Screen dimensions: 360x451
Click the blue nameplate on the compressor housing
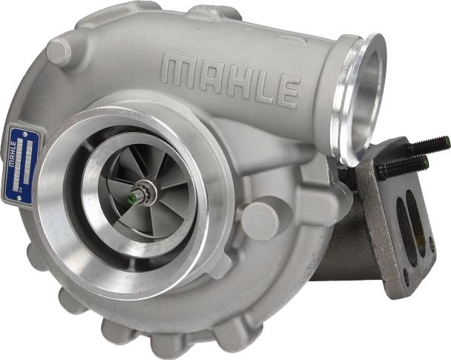22,164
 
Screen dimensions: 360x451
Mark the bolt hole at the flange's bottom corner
405,281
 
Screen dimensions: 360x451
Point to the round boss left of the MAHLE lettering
59,52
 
